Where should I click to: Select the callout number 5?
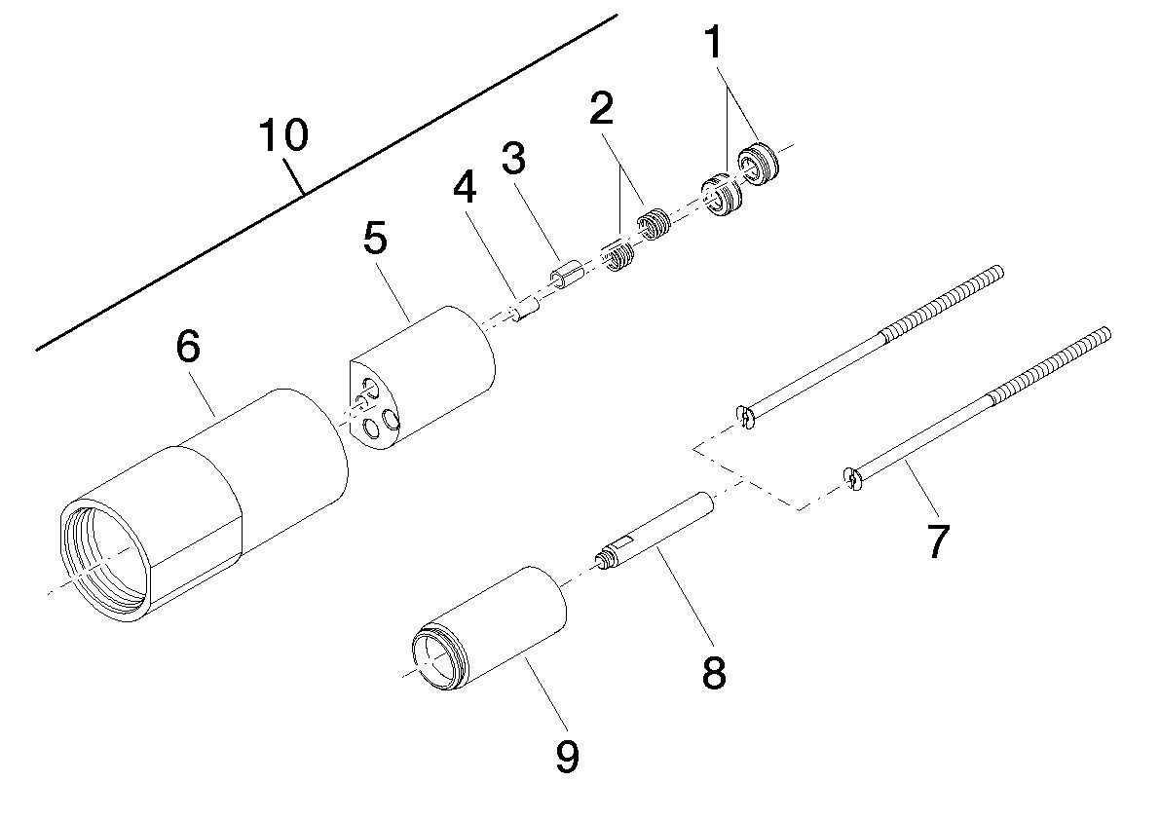coord(374,238)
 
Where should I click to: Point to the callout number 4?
coord(465,188)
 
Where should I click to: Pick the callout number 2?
coord(601,108)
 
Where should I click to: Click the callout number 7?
coord(937,540)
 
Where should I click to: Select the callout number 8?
coord(714,672)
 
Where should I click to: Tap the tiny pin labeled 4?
coord(526,313)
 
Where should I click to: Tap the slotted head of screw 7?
coord(852,478)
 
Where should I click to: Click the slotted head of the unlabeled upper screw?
coord(745,417)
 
